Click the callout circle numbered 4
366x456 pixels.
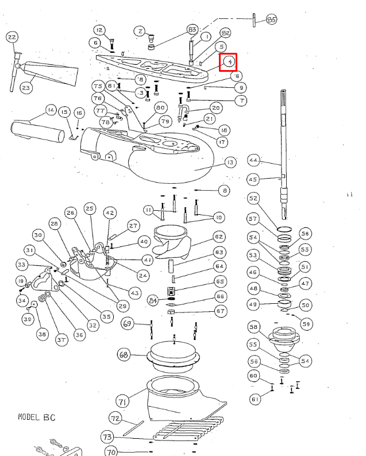(229, 61)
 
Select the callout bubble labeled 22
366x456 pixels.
(11, 38)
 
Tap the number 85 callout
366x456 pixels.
(271, 20)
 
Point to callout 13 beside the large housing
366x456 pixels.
(230, 163)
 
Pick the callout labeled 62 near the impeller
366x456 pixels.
(218, 236)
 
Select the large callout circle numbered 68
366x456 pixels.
(123, 354)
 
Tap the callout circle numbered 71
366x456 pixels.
(122, 400)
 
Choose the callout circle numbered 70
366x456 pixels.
(111, 451)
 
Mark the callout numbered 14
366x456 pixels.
(51, 110)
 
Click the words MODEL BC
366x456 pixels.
(36, 418)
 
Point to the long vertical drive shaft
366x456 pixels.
(283, 149)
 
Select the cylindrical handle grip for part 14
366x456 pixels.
(37, 130)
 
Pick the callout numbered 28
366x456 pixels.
(55, 223)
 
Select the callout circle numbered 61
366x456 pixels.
(255, 399)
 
